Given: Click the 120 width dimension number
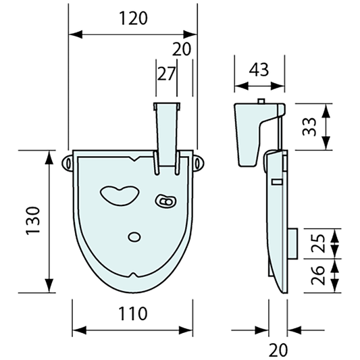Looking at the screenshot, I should click(x=133, y=18).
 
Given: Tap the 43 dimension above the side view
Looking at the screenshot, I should click(x=259, y=70).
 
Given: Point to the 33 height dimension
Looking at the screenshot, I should click(x=309, y=126).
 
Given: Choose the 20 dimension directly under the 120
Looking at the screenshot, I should click(x=182, y=49).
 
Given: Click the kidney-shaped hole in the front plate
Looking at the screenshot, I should click(x=120, y=195).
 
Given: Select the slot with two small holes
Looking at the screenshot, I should click(x=165, y=201).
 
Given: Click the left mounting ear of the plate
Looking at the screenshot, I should click(x=69, y=163).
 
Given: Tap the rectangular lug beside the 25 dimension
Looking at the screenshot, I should click(x=292, y=241).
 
